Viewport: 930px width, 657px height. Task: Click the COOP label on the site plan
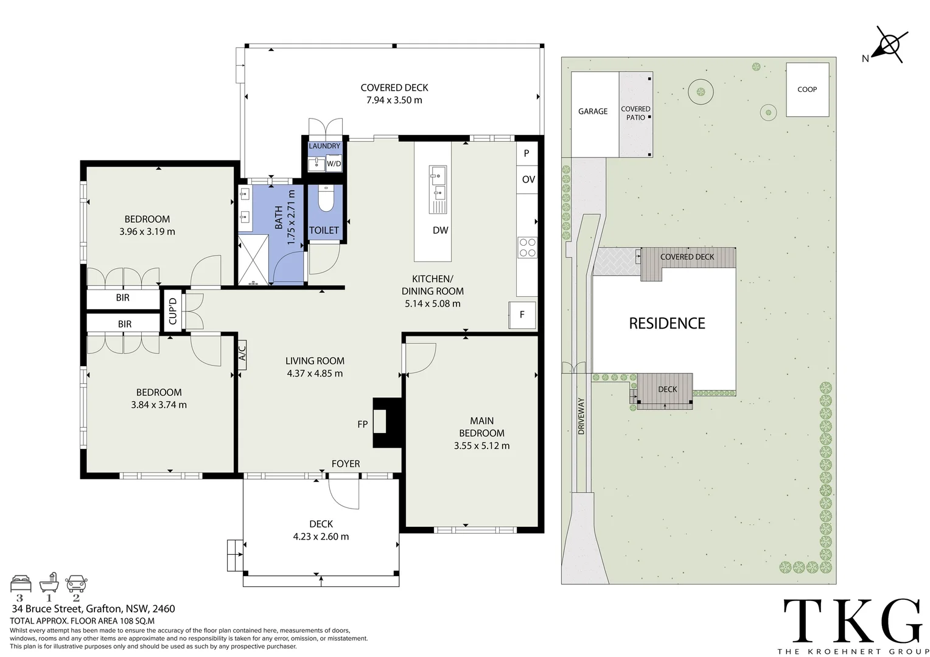(x=807, y=89)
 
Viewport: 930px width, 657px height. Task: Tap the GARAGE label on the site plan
(x=593, y=111)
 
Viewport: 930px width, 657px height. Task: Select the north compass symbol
(x=889, y=46)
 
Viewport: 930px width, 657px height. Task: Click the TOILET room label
(x=324, y=231)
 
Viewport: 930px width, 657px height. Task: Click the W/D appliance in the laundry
(x=334, y=164)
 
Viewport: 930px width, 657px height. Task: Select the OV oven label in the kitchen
(x=528, y=179)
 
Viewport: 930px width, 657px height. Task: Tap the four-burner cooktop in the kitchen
(x=527, y=247)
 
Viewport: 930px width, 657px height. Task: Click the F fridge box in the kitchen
(x=522, y=315)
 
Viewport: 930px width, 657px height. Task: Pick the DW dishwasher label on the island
(x=441, y=231)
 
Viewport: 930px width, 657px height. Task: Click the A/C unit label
(x=242, y=354)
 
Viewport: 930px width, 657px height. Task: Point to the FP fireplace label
(x=363, y=424)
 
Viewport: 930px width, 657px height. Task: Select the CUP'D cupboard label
(x=172, y=310)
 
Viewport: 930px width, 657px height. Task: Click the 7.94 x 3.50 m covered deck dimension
(x=394, y=100)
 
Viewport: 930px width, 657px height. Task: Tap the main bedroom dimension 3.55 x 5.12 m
(x=481, y=446)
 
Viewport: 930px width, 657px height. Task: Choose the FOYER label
(x=346, y=464)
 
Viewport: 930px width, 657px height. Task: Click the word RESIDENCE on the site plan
(x=667, y=324)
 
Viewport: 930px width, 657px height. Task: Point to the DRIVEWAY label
(x=581, y=415)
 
